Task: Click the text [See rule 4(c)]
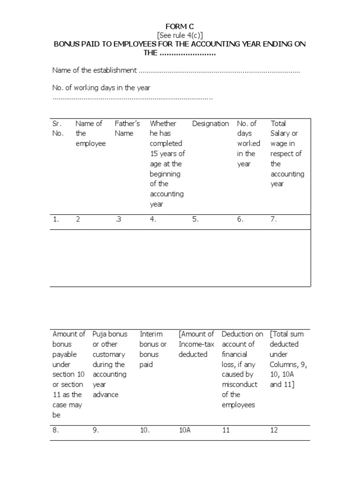180,35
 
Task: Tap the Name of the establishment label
94,70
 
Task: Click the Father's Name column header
127,128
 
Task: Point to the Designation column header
210,124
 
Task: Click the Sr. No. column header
58,128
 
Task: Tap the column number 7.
274,219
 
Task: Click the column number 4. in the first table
153,219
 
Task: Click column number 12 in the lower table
274,430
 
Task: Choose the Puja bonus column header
110,364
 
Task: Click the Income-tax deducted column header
196,344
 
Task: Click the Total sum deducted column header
286,359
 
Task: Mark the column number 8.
56,430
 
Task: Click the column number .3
118,219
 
